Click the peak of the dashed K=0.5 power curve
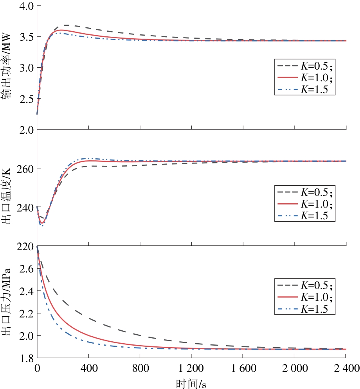point(90,25)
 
